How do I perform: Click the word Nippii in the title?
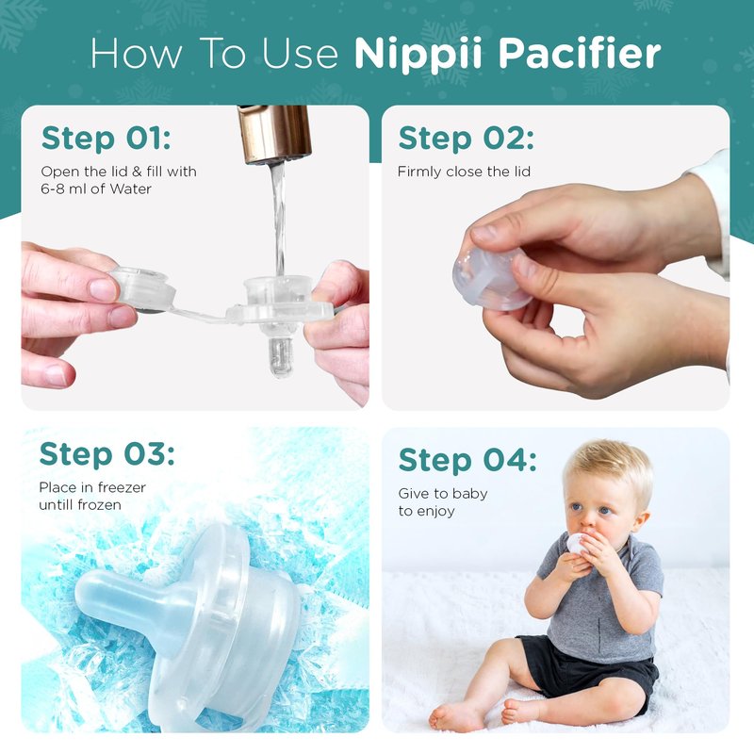coord(418,55)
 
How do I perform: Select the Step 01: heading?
coord(106,139)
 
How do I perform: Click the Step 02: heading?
coord(466,139)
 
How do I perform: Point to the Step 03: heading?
coord(107,454)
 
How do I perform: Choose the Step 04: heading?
coord(467,460)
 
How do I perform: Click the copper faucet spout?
coord(274,135)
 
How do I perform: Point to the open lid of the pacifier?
coord(143,288)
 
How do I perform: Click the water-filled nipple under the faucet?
coord(279,353)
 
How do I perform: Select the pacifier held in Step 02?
coord(490,279)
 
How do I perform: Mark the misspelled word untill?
coord(57,505)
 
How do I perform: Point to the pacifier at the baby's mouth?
coord(577,544)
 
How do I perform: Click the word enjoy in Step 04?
coord(436,512)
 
